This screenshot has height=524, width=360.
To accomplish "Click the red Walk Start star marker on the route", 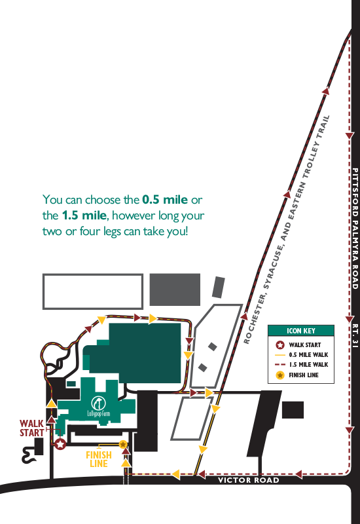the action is pyautogui.click(x=60, y=444).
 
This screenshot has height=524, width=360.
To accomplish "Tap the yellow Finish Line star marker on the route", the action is pyautogui.click(x=123, y=444).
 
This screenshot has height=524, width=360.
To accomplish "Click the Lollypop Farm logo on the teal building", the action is pyautogui.click(x=99, y=407).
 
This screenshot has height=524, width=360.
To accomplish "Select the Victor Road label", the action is pyautogui.click(x=249, y=480).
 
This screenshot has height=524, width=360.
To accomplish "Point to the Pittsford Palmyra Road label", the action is pyautogui.click(x=355, y=229).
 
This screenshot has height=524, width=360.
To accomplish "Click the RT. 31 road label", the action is pyautogui.click(x=355, y=335).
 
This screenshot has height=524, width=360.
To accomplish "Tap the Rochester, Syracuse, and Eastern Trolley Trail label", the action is pyautogui.click(x=287, y=230).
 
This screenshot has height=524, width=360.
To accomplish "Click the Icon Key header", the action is pyautogui.click(x=301, y=331).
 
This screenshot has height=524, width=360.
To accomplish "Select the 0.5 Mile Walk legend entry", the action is pyautogui.click(x=302, y=354).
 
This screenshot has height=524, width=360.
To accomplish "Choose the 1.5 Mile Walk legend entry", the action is pyautogui.click(x=302, y=365).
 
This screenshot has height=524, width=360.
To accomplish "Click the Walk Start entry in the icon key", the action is pyautogui.click(x=298, y=345).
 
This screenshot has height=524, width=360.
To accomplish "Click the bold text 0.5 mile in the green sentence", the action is pyautogui.click(x=165, y=200).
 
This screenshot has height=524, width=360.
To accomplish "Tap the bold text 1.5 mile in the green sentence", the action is pyautogui.click(x=84, y=215).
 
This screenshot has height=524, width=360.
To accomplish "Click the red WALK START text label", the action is pyautogui.click(x=31, y=428).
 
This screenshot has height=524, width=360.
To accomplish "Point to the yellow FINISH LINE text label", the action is pyautogui.click(x=99, y=459).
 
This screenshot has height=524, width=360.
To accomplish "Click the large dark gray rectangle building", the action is pyautogui.click(x=175, y=290).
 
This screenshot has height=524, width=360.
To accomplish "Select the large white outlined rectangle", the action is pyautogui.click(x=93, y=291).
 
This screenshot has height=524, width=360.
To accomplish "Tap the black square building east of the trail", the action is pyautogui.click(x=293, y=410).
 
